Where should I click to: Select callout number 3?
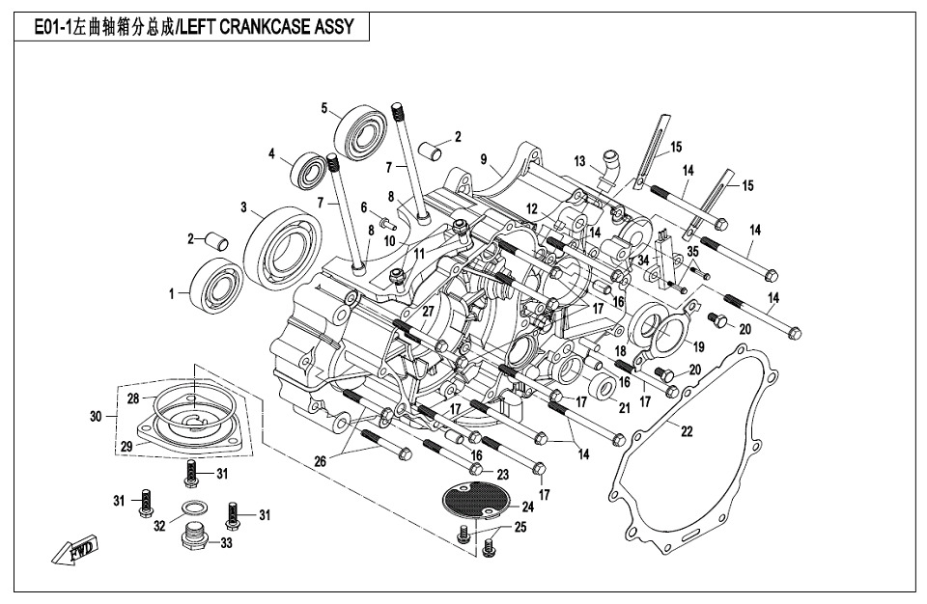pos(245,206)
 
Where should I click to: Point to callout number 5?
pos(325,107)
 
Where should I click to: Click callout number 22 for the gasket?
pos(686,431)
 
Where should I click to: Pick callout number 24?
pos(527,506)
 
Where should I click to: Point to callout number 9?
pos(483,158)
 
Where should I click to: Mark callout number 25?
pos(520,528)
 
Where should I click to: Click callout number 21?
pos(624,407)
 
